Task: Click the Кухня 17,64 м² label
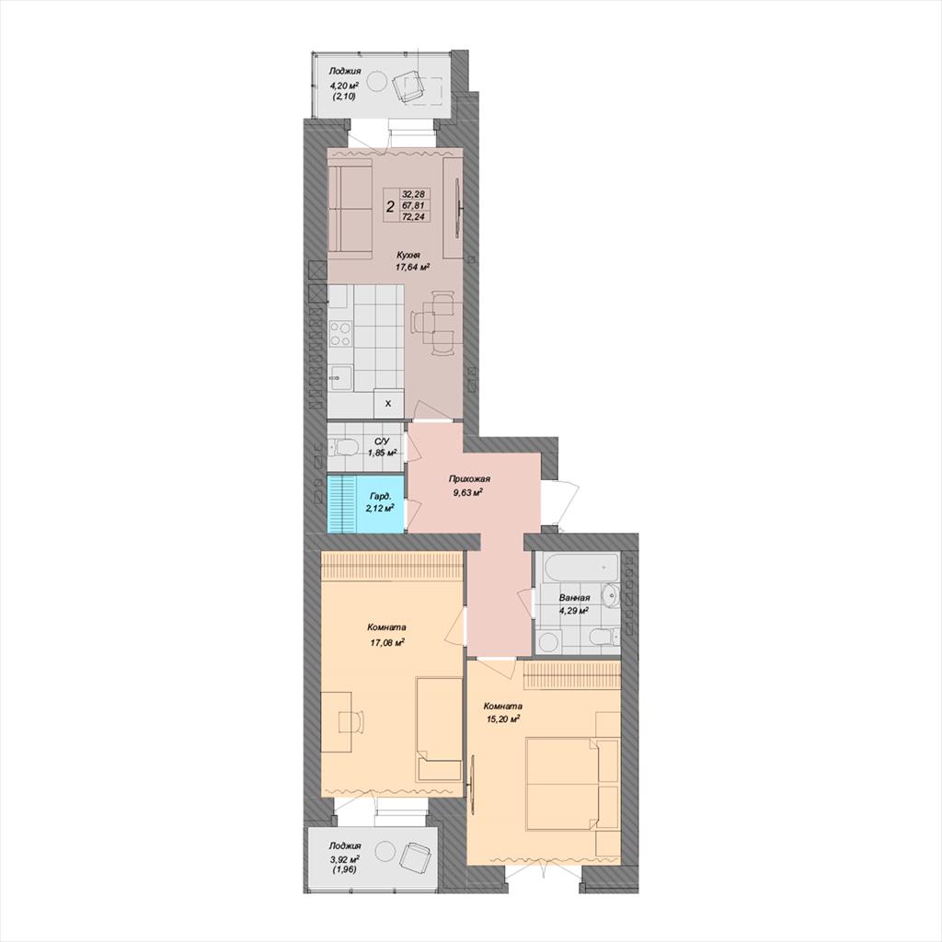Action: [x=411, y=261]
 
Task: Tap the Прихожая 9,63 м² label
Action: [x=469, y=486]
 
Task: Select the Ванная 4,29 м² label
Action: [x=574, y=603]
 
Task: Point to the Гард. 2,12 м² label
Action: [x=380, y=502]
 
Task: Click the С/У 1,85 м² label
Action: [x=382, y=447]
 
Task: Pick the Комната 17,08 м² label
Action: [x=386, y=635]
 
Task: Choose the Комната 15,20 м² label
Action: [x=503, y=712]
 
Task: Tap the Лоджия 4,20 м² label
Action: [x=344, y=83]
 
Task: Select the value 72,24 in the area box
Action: [x=413, y=217]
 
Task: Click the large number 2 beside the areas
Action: [x=390, y=207]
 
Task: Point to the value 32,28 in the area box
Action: [x=413, y=194]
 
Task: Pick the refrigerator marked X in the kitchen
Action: [x=388, y=403]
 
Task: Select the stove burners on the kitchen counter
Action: [x=340, y=335]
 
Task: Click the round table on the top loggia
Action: [x=377, y=81]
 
